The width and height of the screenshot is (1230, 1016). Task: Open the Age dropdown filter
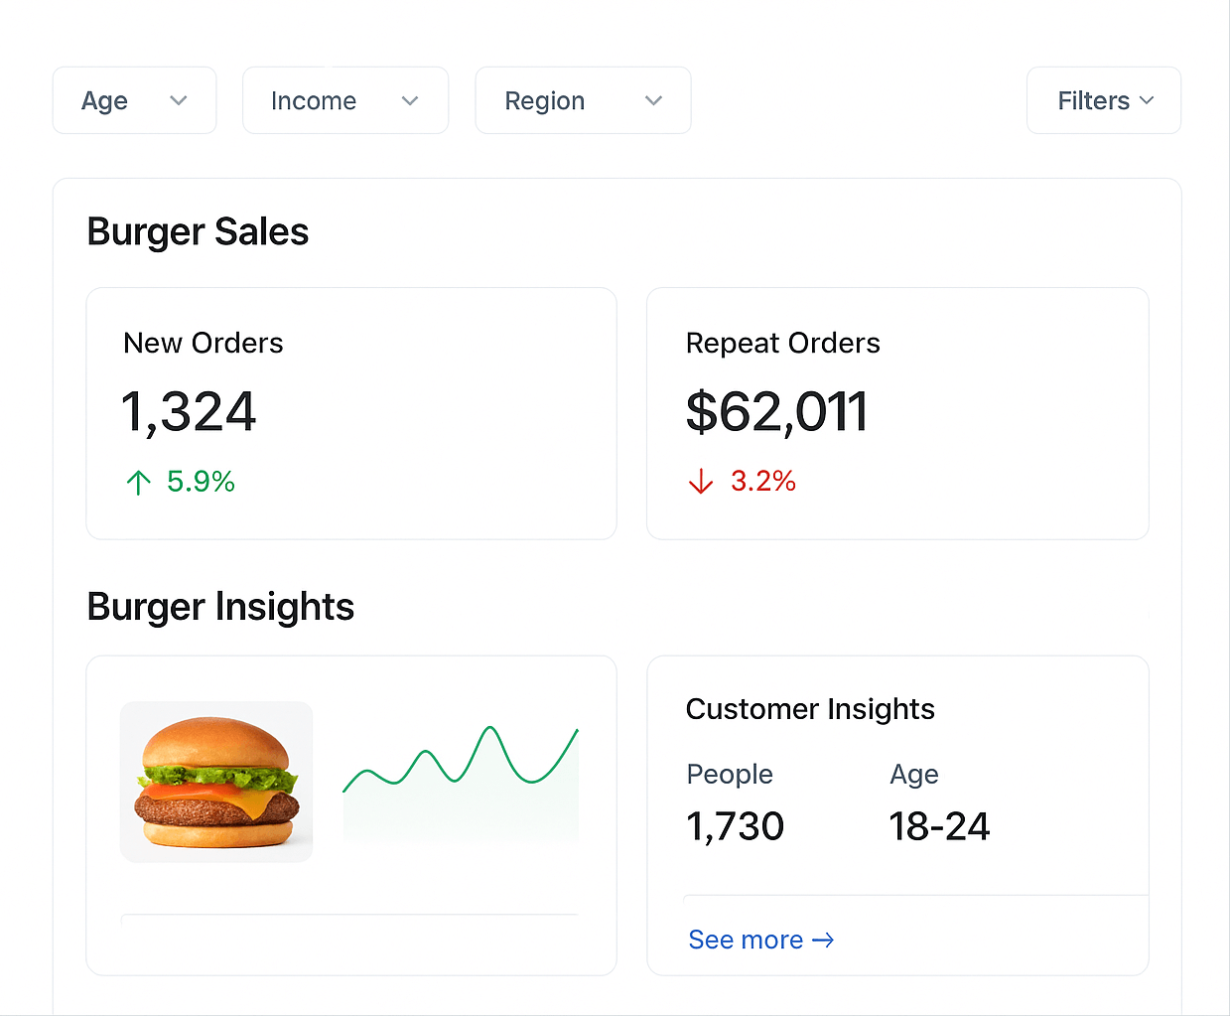134,100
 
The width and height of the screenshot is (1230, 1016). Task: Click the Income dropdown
344,100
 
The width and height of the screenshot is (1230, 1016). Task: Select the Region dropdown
583,100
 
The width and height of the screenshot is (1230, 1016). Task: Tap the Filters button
1104,100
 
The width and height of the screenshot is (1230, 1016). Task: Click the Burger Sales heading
198,231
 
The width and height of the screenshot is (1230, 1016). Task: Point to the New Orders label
203,343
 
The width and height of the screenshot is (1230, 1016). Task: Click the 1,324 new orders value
189,411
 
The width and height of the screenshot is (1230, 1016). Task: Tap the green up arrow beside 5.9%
139,483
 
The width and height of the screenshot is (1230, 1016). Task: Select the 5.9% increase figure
201,482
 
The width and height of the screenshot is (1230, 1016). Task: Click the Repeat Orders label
782,343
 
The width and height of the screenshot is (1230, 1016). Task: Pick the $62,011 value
776,411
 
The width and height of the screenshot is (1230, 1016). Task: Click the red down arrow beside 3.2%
701,482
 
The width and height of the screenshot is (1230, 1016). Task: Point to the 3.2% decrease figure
762,481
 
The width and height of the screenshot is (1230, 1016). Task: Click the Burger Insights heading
220,607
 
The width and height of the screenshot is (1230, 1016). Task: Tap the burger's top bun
215,741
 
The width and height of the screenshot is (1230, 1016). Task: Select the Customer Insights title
810,709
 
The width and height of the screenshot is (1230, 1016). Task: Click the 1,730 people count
735,826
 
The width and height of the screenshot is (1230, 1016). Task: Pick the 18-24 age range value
939,826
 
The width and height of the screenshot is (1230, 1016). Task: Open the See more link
760,940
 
